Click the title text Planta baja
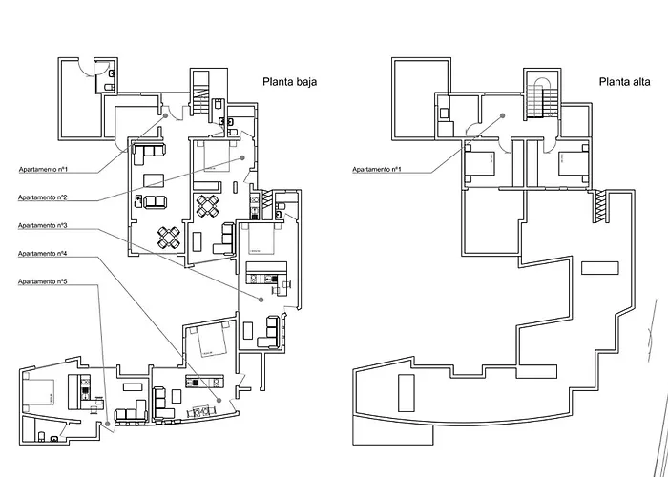click(x=289, y=83)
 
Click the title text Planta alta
click(x=625, y=83)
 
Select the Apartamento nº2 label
click(x=42, y=197)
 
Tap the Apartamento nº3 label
click(x=42, y=226)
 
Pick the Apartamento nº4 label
click(x=42, y=255)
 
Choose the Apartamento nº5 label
click(x=42, y=283)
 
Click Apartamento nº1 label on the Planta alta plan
click(x=376, y=170)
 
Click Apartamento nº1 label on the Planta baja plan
click(x=42, y=170)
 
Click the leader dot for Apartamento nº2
click(x=243, y=157)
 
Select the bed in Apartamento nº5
click(x=41, y=389)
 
